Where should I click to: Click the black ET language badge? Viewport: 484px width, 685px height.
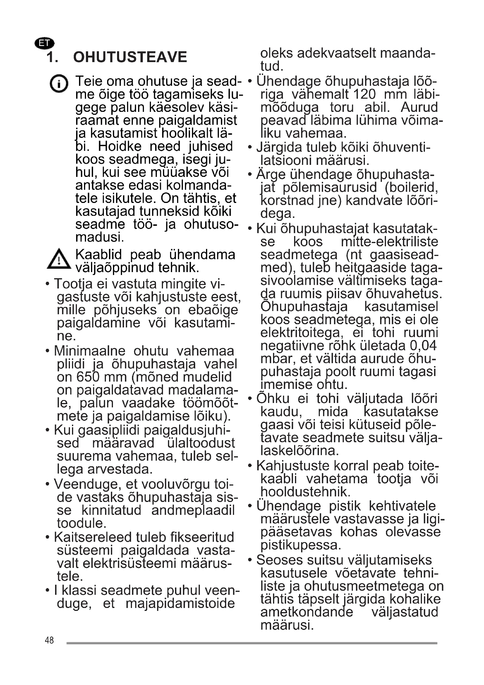pyautogui.click(x=44, y=43)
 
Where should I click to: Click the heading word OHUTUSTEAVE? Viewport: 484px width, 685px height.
pyautogui.click(x=130, y=57)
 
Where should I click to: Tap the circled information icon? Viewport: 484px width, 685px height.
pyautogui.click(x=59, y=83)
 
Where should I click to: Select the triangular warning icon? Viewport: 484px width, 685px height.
pyautogui.click(x=59, y=259)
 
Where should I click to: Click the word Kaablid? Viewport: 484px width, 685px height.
pyautogui.click(x=99, y=255)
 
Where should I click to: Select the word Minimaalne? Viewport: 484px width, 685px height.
pyautogui.click(x=90, y=351)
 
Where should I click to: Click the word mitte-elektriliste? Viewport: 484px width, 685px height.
pyautogui.click(x=389, y=242)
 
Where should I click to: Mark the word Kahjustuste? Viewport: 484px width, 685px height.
pyautogui.click(x=293, y=466)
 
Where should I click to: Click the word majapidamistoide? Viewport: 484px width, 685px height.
pyautogui.click(x=180, y=604)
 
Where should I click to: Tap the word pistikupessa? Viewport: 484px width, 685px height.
pyautogui.click(x=301, y=545)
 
